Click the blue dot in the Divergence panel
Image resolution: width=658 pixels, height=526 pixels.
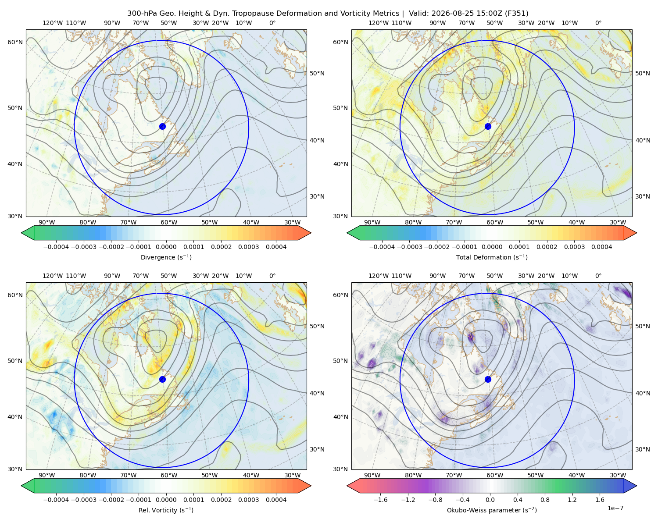(162, 126)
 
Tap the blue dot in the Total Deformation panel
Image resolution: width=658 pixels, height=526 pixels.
(488, 126)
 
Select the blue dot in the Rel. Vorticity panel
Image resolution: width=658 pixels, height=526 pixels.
(162, 379)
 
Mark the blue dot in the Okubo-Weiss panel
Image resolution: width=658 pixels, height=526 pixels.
(488, 379)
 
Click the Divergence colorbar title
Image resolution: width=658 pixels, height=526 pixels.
(166, 257)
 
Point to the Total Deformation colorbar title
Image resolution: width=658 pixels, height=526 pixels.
(492, 257)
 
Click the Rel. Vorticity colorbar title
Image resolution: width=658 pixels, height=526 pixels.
(166, 510)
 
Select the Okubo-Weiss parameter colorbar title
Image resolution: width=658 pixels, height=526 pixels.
(492, 510)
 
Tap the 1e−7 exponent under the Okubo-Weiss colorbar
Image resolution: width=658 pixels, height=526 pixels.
(615, 508)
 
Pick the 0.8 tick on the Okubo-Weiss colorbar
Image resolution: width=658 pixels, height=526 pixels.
(545, 500)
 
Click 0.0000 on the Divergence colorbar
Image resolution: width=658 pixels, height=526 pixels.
(166, 247)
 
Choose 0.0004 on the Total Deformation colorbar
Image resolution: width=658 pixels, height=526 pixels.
(601, 247)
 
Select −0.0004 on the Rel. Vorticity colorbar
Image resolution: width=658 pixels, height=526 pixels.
(56, 500)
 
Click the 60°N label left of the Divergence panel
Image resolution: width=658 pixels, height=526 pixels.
(15, 42)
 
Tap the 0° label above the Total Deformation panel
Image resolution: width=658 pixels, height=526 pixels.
(598, 23)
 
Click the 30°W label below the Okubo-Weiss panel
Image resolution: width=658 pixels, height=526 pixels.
(618, 475)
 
